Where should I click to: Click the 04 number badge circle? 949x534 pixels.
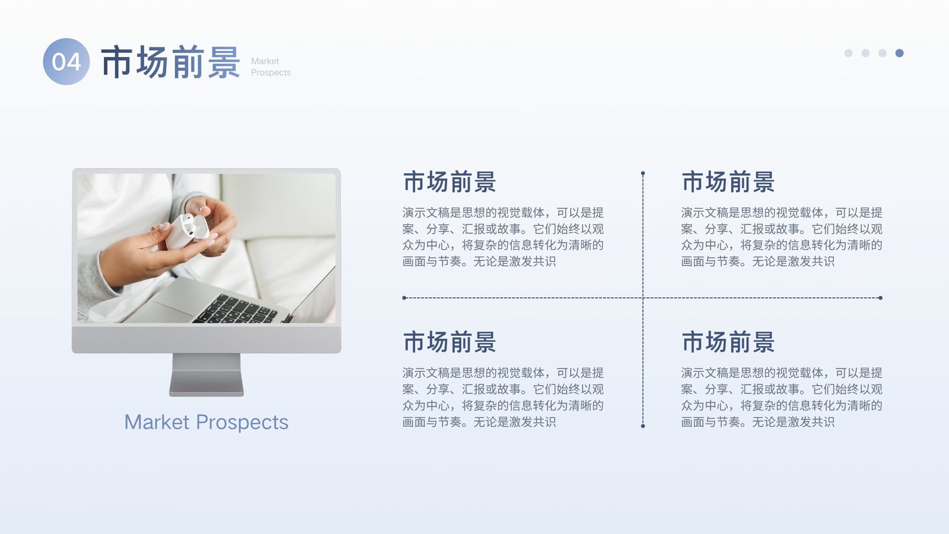click(x=66, y=62)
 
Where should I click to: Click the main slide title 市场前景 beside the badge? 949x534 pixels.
click(x=171, y=62)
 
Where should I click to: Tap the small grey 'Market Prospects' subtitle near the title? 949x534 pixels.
click(x=270, y=66)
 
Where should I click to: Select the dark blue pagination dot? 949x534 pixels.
click(x=899, y=53)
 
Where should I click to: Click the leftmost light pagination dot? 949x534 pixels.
click(x=849, y=53)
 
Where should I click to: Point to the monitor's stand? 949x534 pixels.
click(x=206, y=374)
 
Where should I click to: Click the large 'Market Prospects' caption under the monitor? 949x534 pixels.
click(x=206, y=422)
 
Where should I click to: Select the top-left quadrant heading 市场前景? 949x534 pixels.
click(x=450, y=182)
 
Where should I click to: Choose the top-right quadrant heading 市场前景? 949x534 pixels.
click(x=728, y=182)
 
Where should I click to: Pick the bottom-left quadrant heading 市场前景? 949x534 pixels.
click(x=450, y=342)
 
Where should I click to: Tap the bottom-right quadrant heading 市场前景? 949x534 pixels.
click(x=728, y=342)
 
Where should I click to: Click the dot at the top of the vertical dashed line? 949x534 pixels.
click(x=643, y=173)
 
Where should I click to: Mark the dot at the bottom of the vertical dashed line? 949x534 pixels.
click(x=643, y=426)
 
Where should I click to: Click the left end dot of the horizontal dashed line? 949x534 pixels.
click(x=404, y=298)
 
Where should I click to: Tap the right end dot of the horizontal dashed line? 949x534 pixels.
click(x=880, y=298)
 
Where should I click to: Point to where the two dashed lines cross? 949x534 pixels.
click(x=643, y=298)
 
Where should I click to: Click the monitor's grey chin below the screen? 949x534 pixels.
click(x=206, y=339)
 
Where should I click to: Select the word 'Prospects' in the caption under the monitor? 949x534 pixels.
click(x=242, y=422)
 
